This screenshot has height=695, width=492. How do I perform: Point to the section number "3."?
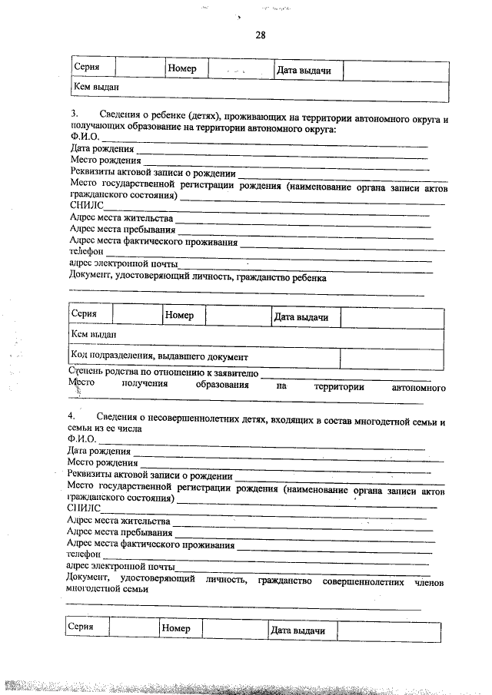74,114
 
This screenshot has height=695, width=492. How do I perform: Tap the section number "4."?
71,415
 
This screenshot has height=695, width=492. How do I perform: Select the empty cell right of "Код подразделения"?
391,358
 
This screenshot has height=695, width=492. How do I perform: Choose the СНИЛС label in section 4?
84,508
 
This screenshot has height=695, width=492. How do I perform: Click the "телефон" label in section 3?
86,251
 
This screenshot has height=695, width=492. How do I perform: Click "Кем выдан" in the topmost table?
92,88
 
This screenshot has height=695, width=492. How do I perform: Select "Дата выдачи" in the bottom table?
298,630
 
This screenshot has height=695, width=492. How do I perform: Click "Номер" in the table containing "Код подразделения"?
179,316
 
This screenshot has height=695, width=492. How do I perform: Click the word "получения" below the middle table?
144,387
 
